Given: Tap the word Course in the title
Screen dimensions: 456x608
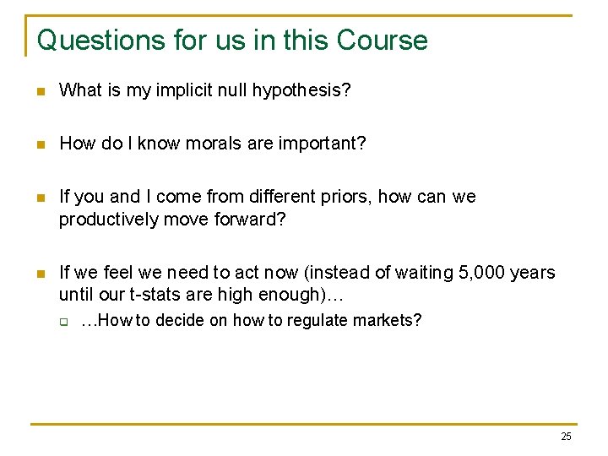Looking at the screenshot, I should pyautogui.click(x=382, y=40).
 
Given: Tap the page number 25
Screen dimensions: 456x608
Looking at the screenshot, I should pyautogui.click(x=566, y=437).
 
